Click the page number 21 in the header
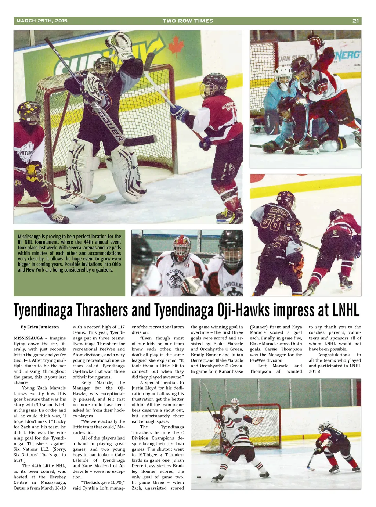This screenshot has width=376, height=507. (x=355, y=21)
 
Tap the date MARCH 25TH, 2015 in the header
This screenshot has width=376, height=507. (x=42, y=21)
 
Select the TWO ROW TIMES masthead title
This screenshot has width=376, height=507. (x=188, y=21)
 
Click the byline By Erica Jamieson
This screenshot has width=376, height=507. (x=40, y=327)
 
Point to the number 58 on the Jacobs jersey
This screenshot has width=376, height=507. (x=272, y=223)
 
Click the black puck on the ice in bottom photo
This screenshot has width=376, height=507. (x=199, y=477)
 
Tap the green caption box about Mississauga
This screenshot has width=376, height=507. (x=69, y=263)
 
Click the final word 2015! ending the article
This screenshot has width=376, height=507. (x=314, y=371)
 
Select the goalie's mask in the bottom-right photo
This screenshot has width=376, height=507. (x=235, y=403)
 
